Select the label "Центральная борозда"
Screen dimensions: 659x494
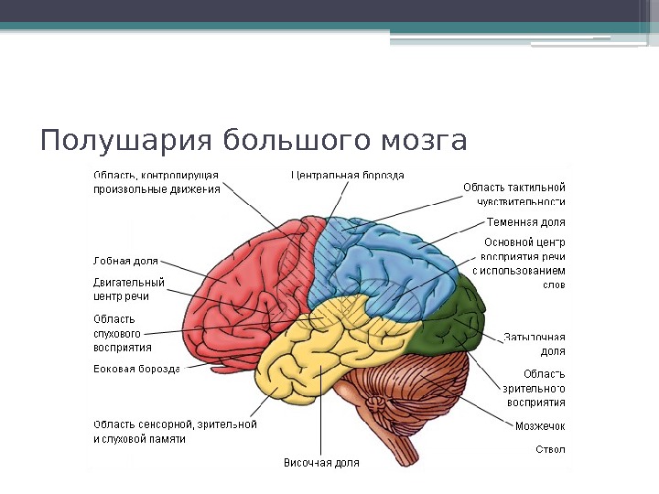click(x=347, y=175)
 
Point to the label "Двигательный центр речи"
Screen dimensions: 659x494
click(x=129, y=289)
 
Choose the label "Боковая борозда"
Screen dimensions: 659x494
click(x=136, y=370)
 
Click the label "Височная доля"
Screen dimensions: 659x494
click(x=320, y=463)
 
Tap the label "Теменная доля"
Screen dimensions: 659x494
click(x=525, y=222)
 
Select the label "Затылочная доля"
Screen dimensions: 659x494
click(x=535, y=344)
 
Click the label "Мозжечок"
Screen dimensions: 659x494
click(x=540, y=425)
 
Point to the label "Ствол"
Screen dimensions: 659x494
click(x=550, y=450)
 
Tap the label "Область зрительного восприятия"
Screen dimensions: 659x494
click(x=535, y=387)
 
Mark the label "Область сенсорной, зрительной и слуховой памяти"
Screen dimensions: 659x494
click(x=175, y=432)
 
